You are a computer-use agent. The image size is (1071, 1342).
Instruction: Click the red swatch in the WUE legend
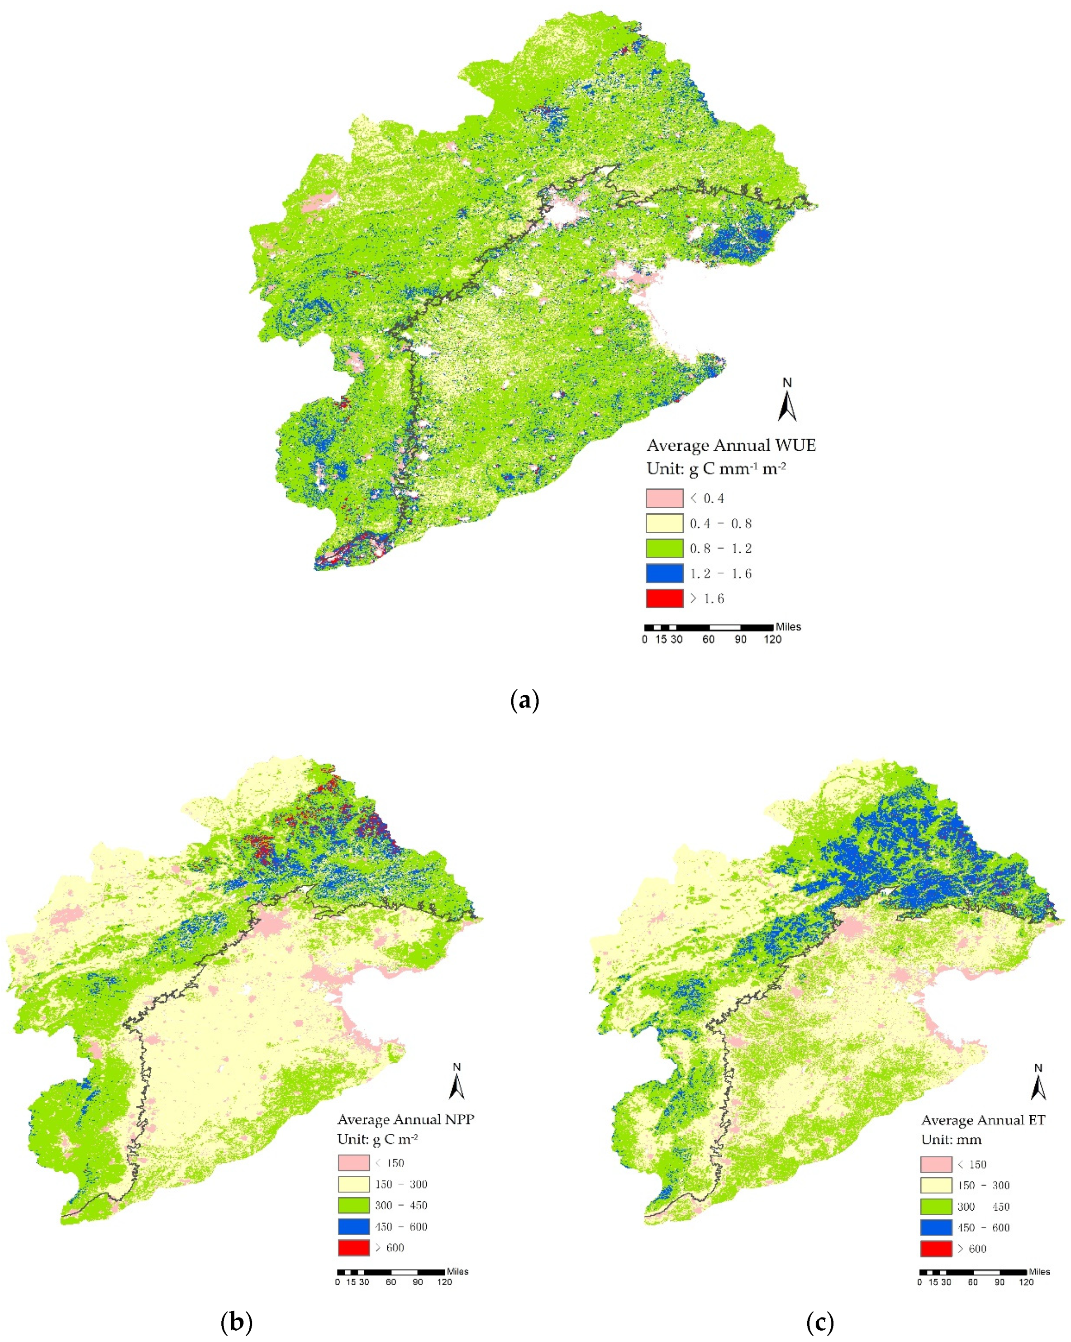664,598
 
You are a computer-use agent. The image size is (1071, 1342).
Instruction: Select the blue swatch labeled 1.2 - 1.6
664,573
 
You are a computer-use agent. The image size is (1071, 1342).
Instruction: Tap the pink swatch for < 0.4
664,498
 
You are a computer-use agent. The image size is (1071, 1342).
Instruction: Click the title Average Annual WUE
731,446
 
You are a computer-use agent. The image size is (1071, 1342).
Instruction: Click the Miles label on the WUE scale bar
788,627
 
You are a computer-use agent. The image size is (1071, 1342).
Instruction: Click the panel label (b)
237,1322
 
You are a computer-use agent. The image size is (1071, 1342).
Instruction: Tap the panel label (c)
819,1322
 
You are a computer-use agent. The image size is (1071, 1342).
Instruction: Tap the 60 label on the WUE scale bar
708,639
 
